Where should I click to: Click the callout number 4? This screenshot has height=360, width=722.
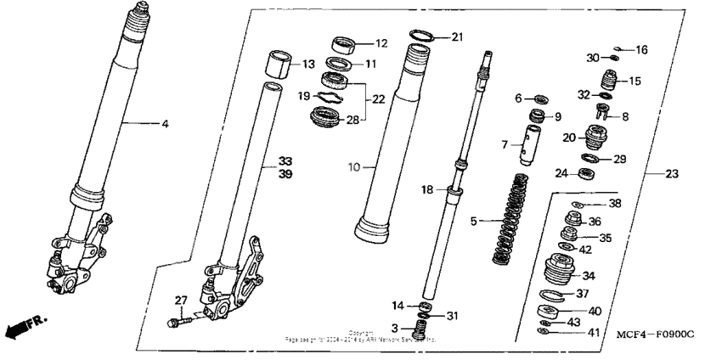[x=166, y=124]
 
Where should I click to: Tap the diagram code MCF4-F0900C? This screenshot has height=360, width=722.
[x=654, y=335]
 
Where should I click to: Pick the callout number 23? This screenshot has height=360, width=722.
[x=672, y=174]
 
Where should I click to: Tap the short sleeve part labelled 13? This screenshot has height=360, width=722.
[x=274, y=63]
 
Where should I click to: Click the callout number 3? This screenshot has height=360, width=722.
[x=397, y=329]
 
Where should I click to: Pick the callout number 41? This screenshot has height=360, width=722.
[x=593, y=334]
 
